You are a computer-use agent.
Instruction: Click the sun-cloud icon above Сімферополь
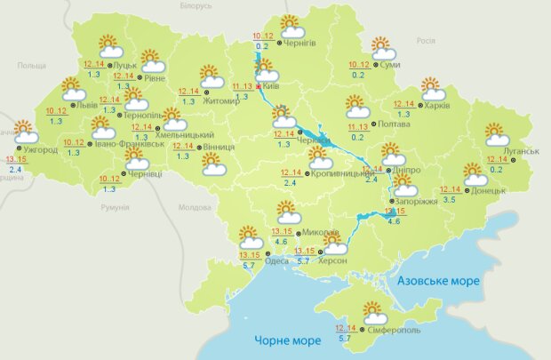[374, 312]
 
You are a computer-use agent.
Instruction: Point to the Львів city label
[87, 105]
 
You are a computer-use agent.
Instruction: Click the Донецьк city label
[488, 190]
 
